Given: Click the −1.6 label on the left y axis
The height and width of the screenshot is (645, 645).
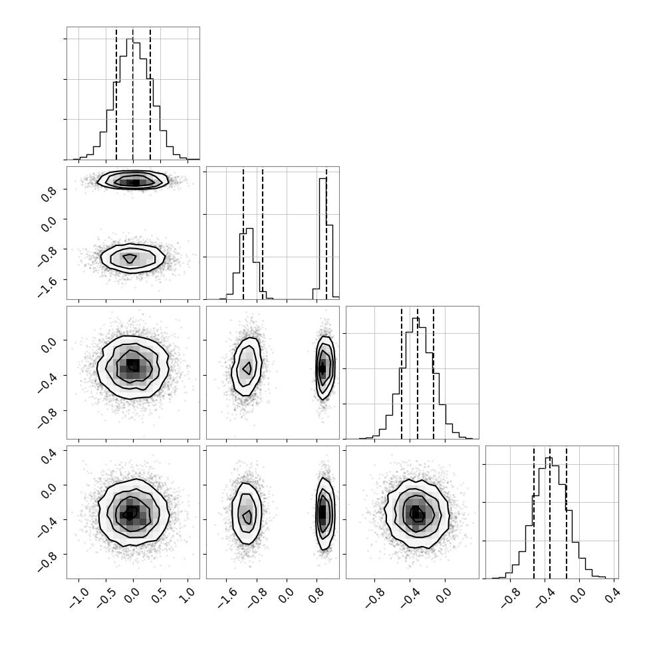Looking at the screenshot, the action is coord(47,287).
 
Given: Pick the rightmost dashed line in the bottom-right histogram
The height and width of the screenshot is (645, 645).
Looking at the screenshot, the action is coord(567,513).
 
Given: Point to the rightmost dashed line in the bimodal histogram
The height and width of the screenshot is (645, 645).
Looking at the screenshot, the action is coord(326,233).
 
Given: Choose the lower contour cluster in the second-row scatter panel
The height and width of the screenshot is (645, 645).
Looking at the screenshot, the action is coord(132,258).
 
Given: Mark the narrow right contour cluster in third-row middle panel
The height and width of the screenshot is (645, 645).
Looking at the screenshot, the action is coord(325,368).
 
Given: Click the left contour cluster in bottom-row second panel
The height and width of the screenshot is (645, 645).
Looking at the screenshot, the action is coord(246,513).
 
